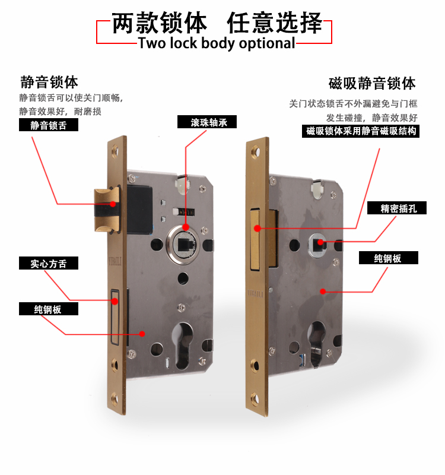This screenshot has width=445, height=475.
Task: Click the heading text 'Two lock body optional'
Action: pos(217,43)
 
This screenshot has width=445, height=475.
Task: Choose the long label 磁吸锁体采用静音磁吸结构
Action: pos(361,131)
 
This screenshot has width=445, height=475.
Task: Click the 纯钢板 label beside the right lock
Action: pos(388,258)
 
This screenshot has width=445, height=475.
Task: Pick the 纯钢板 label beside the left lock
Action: pos(49,309)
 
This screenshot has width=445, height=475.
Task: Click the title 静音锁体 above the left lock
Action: pos(49,81)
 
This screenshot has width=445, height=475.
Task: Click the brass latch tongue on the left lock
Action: pos(106,208)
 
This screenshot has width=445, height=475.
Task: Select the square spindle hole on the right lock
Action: pos(319,241)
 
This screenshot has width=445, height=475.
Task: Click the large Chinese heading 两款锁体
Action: pos(160,23)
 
